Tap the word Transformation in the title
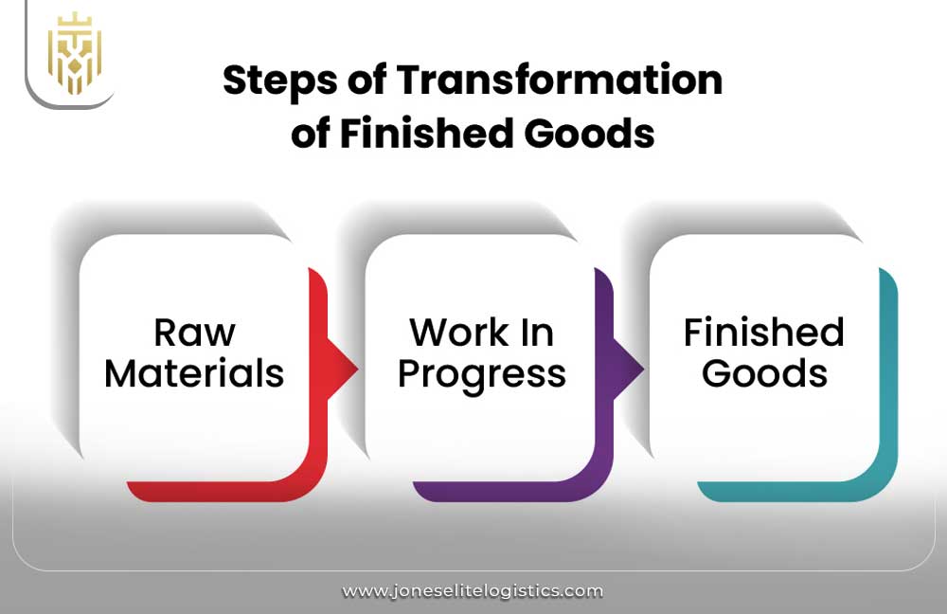559,81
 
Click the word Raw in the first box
194,333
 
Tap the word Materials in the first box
194,373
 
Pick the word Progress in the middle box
482,375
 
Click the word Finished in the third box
764,333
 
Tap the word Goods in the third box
764,373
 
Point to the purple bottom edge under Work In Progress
502,491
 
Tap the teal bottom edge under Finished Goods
786,491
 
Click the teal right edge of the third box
888,379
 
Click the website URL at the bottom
473,591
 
